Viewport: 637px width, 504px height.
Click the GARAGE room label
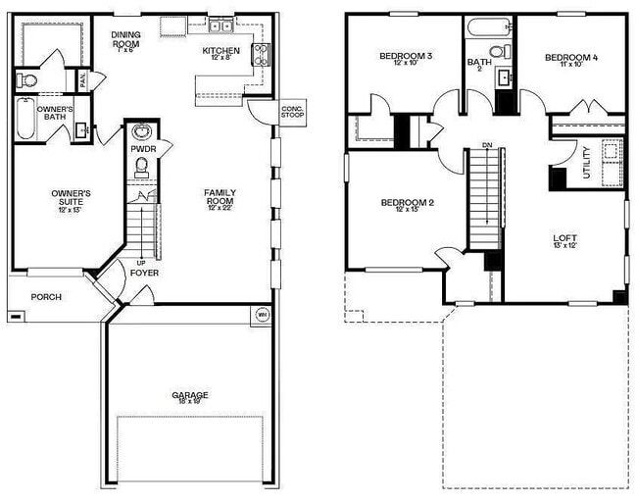tap(190, 396)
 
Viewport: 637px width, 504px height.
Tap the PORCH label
tap(46, 297)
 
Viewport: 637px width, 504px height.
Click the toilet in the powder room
tap(141, 166)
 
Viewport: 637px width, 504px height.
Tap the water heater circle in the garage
tap(262, 315)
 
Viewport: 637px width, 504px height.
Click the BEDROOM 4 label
tap(571, 58)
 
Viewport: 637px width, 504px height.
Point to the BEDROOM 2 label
tap(408, 203)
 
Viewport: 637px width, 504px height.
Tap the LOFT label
tap(566, 238)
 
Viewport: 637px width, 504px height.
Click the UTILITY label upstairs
tap(587, 161)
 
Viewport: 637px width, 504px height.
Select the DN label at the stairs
tap(486, 147)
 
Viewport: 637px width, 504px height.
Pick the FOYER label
tap(144, 273)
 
